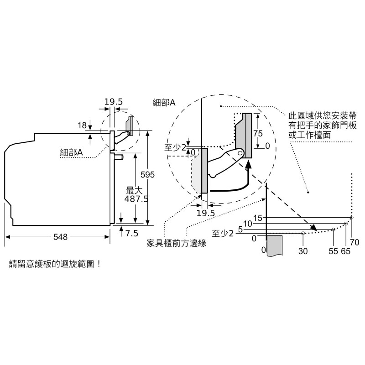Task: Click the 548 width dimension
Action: (60, 237)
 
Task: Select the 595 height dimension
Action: (147, 175)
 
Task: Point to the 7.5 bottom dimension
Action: (131, 233)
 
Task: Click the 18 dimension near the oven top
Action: (82, 125)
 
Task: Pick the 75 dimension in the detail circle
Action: (258, 133)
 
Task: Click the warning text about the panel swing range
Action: (55, 264)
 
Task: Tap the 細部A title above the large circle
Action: (164, 103)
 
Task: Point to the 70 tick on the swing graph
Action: (355, 242)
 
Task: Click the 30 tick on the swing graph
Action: (303, 250)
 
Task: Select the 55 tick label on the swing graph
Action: (333, 250)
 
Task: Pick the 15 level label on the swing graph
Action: (258, 218)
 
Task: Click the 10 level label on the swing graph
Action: (248, 224)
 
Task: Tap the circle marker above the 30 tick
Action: (303, 233)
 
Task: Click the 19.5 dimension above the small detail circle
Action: (112, 102)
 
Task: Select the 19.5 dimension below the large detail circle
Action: (206, 213)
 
